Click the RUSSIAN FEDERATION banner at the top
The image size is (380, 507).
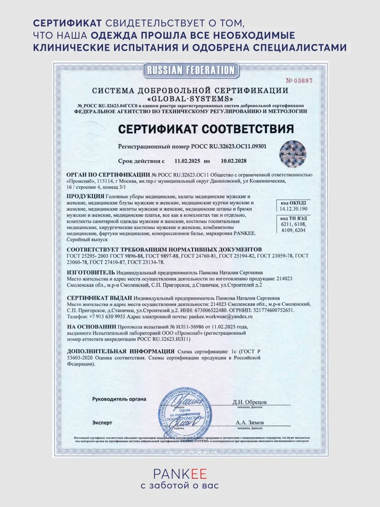(x=189, y=70)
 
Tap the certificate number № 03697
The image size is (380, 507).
(x=299, y=81)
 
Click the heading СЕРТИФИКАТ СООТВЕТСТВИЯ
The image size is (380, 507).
(x=206, y=128)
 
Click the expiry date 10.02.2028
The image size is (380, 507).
(x=233, y=161)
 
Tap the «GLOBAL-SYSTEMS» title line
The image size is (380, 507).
(x=190, y=98)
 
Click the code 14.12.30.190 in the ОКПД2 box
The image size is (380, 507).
(x=293, y=209)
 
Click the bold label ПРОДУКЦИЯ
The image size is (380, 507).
(x=85, y=196)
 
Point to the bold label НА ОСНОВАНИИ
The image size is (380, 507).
(x=91, y=327)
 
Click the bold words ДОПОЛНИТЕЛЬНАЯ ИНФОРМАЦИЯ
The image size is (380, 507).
(x=120, y=351)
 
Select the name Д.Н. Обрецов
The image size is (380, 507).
(x=250, y=401)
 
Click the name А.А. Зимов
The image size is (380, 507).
(x=250, y=422)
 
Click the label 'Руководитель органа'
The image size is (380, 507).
(x=119, y=399)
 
